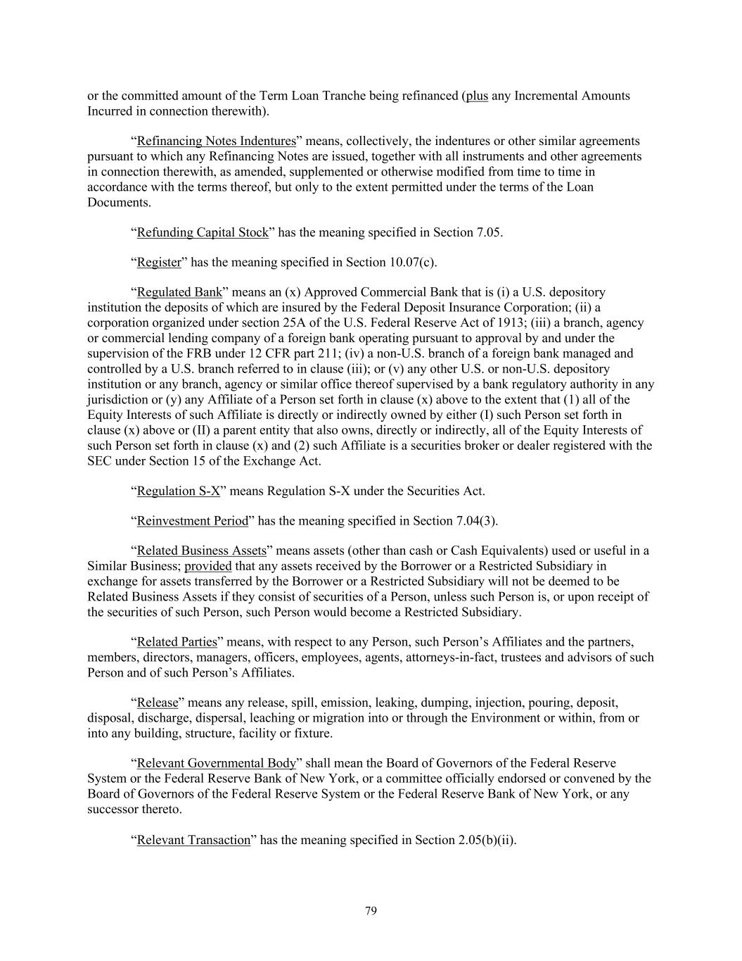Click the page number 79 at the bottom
[371, 911]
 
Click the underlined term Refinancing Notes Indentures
[217, 141]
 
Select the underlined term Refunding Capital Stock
[203, 232]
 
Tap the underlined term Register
[159, 263]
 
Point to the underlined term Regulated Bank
[179, 292]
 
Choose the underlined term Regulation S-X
[179, 491]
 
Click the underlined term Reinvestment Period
[193, 521]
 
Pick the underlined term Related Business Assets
[201, 551]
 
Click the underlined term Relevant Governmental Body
[216, 763]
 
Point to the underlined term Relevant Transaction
[193, 840]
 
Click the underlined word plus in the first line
[477, 96]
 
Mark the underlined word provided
[208, 566]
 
